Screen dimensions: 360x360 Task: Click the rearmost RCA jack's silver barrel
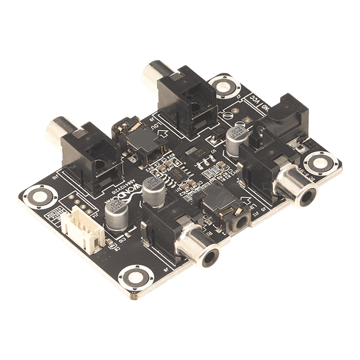tap(157, 73)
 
